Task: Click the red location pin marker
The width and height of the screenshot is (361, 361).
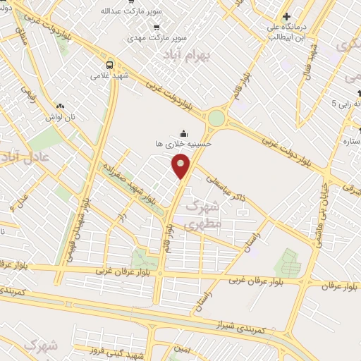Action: pyautogui.click(x=181, y=166)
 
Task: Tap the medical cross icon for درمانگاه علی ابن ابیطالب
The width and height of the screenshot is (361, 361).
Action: pyautogui.click(x=286, y=16)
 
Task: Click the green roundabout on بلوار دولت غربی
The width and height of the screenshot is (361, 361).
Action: pyautogui.click(x=216, y=117)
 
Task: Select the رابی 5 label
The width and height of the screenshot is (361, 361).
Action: pyautogui.click(x=344, y=103)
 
